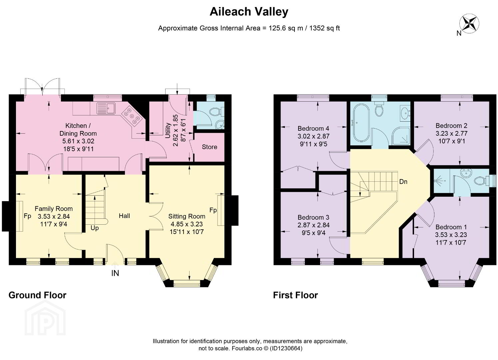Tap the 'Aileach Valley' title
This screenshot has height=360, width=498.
coord(249,12)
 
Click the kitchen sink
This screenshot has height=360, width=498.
coord(106,108)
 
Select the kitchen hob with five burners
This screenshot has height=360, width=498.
coord(133,116)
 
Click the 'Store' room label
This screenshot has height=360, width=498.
coord(210,147)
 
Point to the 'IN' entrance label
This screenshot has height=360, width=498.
coord(115,273)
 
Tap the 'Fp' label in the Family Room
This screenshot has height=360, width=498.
coord(27,216)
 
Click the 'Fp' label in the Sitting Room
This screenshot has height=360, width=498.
coord(213,210)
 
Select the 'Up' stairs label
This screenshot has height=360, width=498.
coord(95,228)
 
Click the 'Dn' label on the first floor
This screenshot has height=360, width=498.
coord(403,182)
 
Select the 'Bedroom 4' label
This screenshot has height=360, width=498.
coord(313,128)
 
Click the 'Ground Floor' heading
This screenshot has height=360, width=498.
coord(37,295)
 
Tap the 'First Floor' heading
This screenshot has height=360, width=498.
coord(295,295)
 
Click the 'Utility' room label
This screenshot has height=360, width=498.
coord(168,131)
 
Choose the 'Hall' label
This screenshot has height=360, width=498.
coord(124,216)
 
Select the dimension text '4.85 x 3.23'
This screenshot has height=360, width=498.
coord(187,224)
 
